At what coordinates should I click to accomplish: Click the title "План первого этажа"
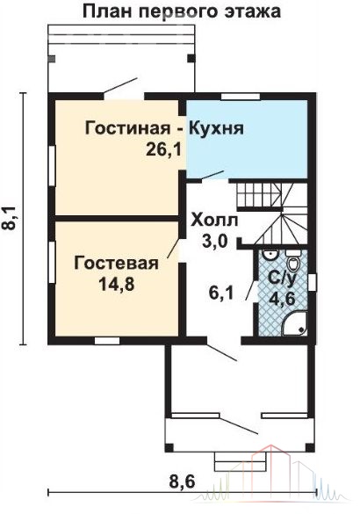[182, 12]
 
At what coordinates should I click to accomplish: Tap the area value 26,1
[163, 150]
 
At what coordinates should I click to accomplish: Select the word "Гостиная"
[127, 128]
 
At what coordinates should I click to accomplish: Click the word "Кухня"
[216, 128]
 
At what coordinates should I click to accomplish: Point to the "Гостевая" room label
[116, 263]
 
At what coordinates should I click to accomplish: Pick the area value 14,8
[117, 284]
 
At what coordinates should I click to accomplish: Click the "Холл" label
[214, 220]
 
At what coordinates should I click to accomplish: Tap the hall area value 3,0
[214, 243]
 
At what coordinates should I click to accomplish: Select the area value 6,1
[221, 293]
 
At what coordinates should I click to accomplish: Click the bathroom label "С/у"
[283, 278]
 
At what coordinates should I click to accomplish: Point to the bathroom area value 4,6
[282, 298]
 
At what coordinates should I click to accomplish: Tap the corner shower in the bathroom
[295, 323]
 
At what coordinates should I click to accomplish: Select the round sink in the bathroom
[271, 256]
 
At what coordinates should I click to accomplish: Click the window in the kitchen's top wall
[241, 97]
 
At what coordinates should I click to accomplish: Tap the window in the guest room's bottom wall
[107, 341]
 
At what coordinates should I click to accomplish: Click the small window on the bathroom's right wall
[313, 282]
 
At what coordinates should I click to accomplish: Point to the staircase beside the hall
[272, 214]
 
